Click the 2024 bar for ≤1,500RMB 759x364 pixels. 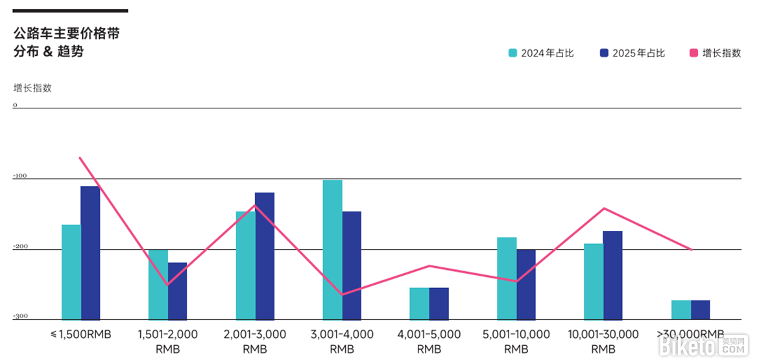click(x=71, y=272)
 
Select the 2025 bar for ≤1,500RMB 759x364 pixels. click(x=90, y=253)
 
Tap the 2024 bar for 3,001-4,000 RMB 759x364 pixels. click(x=333, y=250)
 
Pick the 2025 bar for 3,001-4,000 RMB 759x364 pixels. click(x=352, y=265)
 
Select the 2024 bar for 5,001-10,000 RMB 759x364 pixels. click(x=507, y=278)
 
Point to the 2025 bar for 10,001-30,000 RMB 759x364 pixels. click(x=612, y=275)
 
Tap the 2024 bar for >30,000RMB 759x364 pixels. click(x=681, y=309)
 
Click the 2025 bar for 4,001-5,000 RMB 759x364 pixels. click(x=439, y=303)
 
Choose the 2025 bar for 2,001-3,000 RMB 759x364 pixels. click(x=265, y=256)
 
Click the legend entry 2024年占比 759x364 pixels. click(x=541, y=53)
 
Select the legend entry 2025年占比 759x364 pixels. click(x=632, y=53)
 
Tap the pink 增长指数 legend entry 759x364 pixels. click(x=715, y=53)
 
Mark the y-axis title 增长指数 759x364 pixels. click(x=32, y=88)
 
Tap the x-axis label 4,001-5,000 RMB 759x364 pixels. click(x=429, y=341)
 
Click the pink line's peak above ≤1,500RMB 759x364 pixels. click(x=80, y=158)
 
